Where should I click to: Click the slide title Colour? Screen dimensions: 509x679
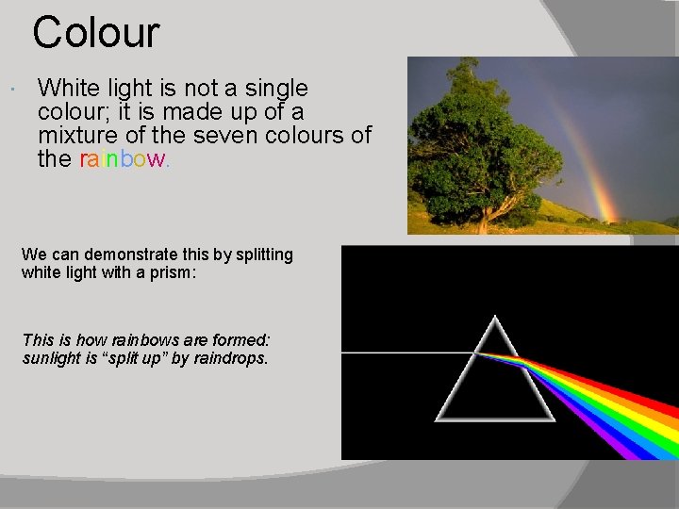tap(96, 31)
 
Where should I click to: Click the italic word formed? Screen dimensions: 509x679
tap(239, 339)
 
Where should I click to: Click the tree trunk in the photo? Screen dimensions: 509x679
tap(485, 221)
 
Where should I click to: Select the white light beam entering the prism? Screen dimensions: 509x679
tap(406, 353)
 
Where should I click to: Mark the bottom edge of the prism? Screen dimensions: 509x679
tap(494, 418)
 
